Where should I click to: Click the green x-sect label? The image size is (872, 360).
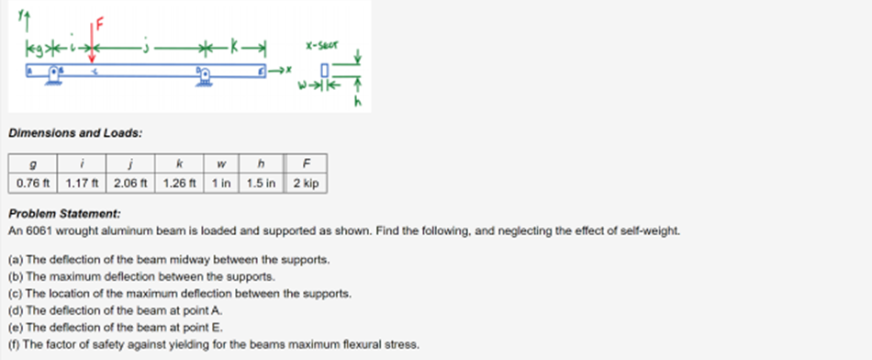[322, 44]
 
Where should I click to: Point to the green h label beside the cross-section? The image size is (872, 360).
[358, 103]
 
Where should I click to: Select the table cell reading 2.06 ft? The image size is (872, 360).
[132, 183]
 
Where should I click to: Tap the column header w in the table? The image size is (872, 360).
[221, 164]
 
